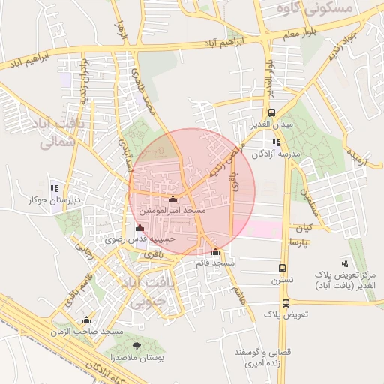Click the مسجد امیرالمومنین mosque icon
(x=174, y=199)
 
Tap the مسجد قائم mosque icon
(x=216, y=251)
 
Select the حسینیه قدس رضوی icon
(x=139, y=227)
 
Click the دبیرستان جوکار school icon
(x=53, y=188)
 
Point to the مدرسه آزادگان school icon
(x=277, y=142)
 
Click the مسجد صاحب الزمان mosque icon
(x=87, y=319)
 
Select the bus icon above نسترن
(x=283, y=268)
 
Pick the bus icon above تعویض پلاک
(x=286, y=304)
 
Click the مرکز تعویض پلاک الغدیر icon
(x=344, y=262)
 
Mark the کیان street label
(x=303, y=226)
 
